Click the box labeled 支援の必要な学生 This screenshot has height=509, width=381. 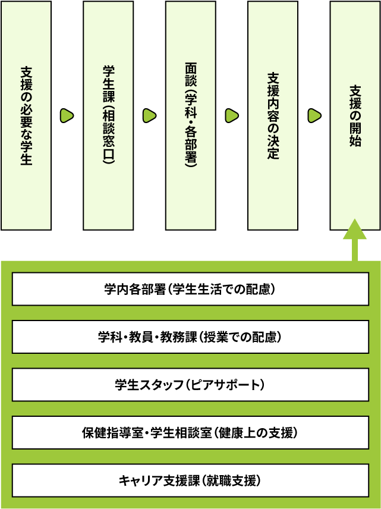26,115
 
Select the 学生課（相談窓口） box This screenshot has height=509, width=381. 108,115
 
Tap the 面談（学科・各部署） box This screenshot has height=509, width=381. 190,115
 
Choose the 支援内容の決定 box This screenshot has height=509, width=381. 273,115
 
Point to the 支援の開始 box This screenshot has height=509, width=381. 355,115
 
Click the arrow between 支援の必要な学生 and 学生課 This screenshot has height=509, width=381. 67,115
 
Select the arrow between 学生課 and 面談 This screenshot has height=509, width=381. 149,115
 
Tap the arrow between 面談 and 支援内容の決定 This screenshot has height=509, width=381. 232,115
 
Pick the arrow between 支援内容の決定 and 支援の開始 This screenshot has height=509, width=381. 314,115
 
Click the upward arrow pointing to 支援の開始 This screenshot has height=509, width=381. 355,238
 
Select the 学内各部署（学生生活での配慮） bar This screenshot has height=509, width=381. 190,290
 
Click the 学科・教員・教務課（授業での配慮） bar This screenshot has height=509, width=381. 190,338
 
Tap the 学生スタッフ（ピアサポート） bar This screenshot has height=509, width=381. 190,385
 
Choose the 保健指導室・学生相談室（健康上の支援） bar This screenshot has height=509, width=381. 190,432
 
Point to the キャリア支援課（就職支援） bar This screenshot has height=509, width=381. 190,480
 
